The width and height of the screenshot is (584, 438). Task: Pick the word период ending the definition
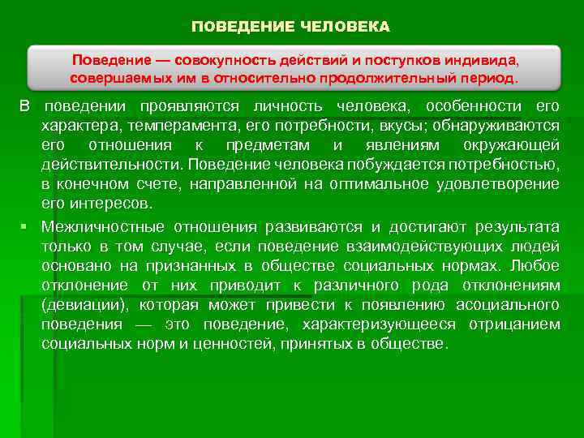click(492, 79)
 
